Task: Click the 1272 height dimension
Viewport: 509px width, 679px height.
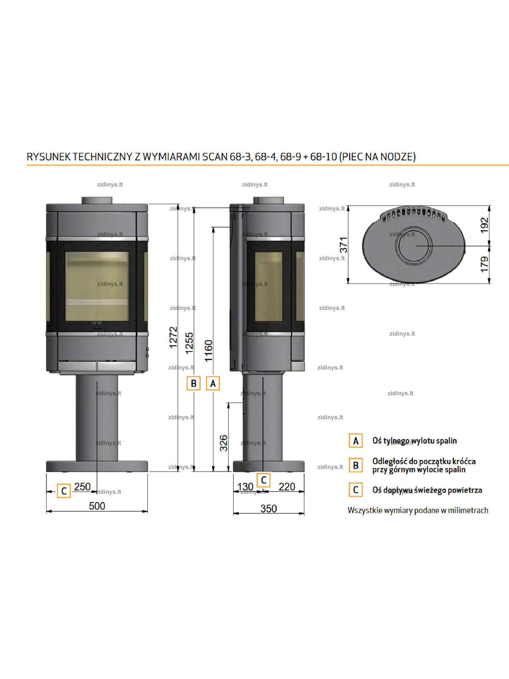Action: pos(173,337)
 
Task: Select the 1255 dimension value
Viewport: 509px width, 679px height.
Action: pos(189,343)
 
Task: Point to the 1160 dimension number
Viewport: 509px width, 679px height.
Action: pos(209,351)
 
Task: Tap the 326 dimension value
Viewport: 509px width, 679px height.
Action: pos(224,443)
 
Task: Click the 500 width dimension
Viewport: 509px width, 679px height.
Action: pos(97,506)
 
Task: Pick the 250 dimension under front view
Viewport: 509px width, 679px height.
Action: pos(82,487)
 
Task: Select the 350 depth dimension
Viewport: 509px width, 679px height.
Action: pos(269,508)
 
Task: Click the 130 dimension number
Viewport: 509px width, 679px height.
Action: pos(245,487)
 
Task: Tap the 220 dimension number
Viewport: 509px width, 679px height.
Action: pos(287,487)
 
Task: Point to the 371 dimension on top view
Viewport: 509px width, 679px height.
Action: pos(343,245)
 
